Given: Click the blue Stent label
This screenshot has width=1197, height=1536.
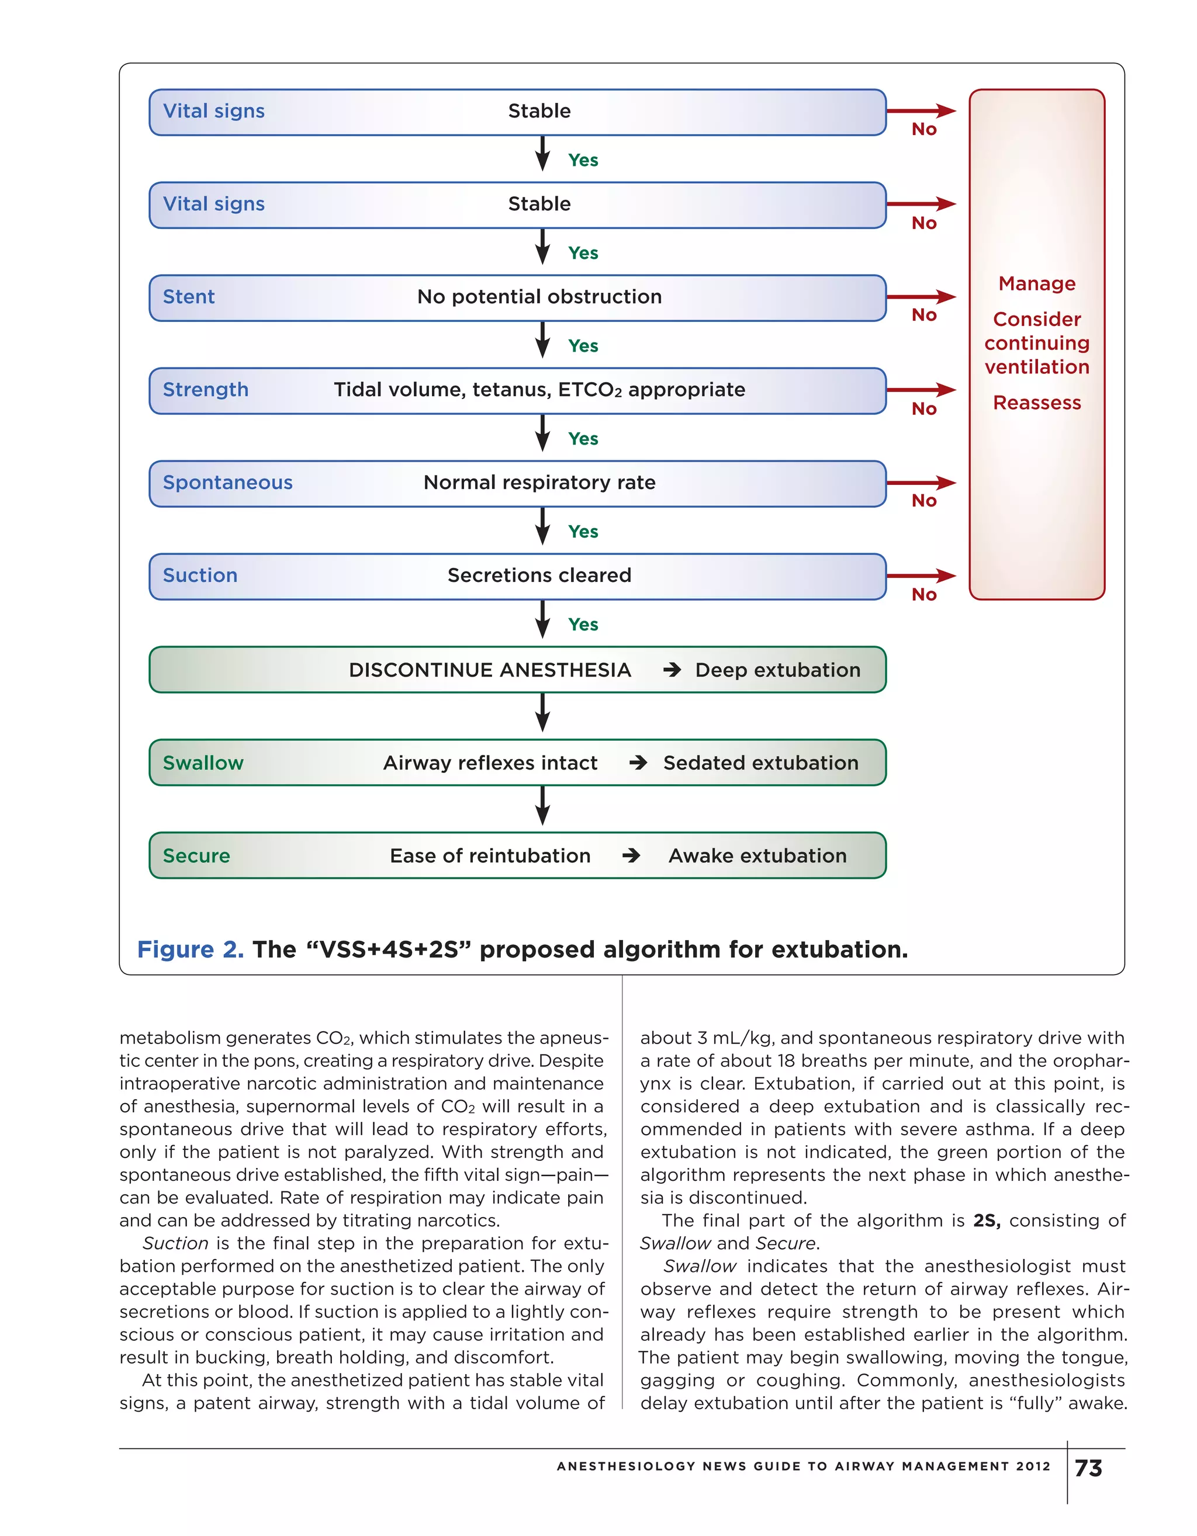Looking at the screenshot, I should [x=189, y=297].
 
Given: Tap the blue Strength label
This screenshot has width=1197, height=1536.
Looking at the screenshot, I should [x=206, y=390].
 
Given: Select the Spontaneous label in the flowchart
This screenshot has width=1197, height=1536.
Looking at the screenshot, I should [x=227, y=483].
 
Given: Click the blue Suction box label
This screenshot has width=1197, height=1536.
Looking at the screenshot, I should [x=200, y=575].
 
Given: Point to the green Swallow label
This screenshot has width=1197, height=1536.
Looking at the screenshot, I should [x=203, y=763].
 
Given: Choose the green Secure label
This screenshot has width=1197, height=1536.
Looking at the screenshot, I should [x=196, y=856].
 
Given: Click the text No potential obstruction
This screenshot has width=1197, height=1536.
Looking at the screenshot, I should [x=539, y=297].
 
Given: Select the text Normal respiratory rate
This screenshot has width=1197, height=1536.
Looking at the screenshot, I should [x=539, y=483].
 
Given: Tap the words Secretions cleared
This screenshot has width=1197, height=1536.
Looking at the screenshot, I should [x=539, y=575].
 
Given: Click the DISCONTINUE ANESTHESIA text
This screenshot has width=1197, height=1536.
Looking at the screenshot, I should [x=490, y=670].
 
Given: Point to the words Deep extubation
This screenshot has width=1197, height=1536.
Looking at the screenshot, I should [x=777, y=670].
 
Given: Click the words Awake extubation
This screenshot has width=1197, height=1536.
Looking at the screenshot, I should [x=757, y=856].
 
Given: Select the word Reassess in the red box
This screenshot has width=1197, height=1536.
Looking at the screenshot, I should [x=1036, y=403].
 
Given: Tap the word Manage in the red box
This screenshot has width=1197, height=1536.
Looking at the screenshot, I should [x=1036, y=283].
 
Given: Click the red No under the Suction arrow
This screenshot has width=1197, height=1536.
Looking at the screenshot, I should [x=924, y=595].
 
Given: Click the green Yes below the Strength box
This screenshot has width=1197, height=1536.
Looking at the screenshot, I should [x=583, y=439].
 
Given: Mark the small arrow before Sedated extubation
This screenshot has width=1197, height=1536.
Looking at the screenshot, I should [x=638, y=763].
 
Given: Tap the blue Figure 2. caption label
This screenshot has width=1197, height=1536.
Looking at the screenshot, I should [x=190, y=950].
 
